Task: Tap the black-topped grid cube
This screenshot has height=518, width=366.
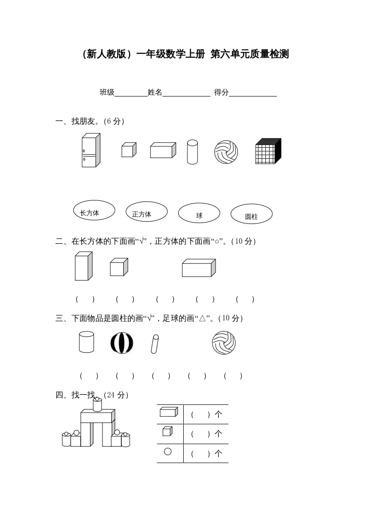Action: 268,151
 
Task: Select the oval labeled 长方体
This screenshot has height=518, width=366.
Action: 94,211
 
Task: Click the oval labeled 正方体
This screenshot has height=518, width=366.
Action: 146,212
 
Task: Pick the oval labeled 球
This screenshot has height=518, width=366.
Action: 199,213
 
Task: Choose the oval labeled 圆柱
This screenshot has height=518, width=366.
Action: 252,214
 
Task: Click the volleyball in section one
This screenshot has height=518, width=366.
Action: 226,152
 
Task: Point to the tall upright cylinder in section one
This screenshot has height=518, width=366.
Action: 192,152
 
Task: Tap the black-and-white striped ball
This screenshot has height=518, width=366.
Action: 122,343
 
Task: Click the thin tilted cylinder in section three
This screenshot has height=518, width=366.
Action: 155,344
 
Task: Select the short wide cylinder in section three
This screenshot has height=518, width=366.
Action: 86,342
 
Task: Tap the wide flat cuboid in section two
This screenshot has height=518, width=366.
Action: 198,268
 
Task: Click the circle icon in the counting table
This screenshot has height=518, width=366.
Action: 168,452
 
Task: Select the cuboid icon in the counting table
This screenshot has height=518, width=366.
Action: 168,412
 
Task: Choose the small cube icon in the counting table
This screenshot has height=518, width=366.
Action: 167,431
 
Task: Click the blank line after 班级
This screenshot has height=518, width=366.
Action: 131,92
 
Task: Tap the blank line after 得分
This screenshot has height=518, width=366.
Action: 252,92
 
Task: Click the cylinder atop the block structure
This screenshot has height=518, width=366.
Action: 97,405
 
